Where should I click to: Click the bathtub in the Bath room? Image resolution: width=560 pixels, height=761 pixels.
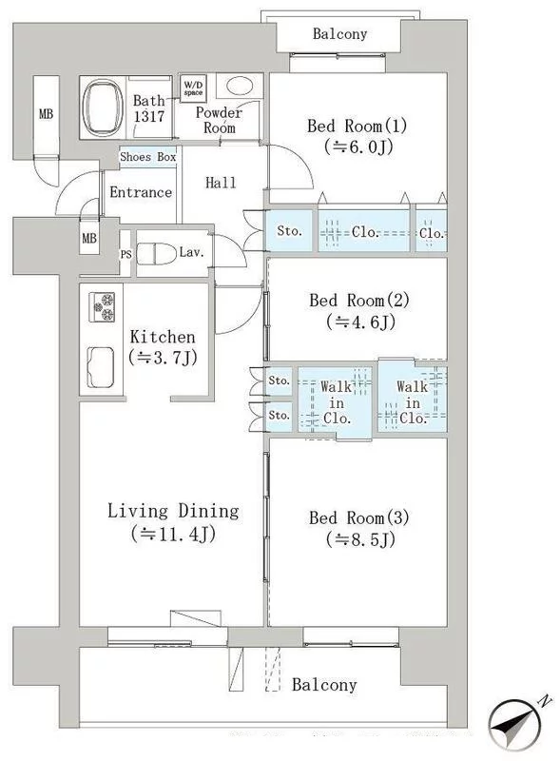click(x=103, y=107)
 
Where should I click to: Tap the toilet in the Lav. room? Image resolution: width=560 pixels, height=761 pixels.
click(x=156, y=254)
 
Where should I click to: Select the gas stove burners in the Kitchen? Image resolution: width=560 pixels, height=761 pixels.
click(x=102, y=306)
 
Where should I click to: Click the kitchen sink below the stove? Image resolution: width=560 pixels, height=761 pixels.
click(x=101, y=367)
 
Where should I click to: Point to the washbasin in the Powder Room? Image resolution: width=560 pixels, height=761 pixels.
click(x=240, y=87)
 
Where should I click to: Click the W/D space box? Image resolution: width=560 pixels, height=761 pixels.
click(x=193, y=88)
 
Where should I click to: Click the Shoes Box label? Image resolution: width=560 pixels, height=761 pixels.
click(x=148, y=157)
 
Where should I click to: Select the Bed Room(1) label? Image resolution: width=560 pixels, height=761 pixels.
click(x=357, y=127)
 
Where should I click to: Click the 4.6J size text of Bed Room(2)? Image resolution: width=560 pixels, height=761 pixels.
click(x=360, y=322)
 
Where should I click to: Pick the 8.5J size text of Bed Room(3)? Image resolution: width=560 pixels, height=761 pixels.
click(x=360, y=538)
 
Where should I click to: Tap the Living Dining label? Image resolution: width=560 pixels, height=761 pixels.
click(x=173, y=511)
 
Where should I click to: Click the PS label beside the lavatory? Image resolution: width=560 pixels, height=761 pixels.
click(x=126, y=254)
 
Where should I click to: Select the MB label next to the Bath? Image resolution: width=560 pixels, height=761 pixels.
click(x=46, y=114)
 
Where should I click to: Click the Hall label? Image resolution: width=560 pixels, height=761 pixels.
click(x=221, y=183)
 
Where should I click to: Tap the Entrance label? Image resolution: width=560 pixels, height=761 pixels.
click(x=141, y=192)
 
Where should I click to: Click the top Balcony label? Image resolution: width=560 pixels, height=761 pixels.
click(x=339, y=34)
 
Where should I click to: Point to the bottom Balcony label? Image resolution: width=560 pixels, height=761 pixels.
click(x=324, y=685)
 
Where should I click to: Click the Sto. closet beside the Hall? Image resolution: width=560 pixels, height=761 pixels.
click(x=290, y=231)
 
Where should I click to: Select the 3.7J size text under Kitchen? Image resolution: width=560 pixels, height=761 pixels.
click(x=163, y=358)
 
